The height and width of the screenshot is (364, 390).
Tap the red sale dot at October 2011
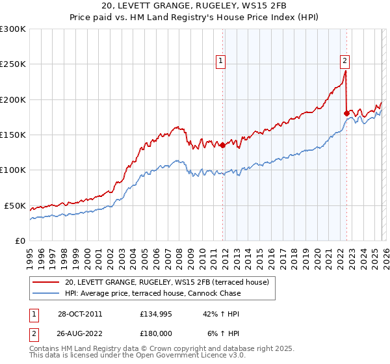coord(223,146)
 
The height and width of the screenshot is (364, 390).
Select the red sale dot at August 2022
coord(346,114)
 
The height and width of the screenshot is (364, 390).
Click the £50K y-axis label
coord(16,205)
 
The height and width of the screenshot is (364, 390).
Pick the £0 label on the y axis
coord(21,240)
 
